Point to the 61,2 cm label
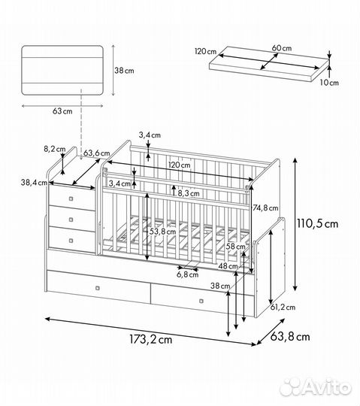coord(283,307)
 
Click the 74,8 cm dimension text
coord(266,208)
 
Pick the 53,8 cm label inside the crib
coord(162,232)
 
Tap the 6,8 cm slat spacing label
coord(188,274)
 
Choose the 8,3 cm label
coord(189,192)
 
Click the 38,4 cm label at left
coord(34,182)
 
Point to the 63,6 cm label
coord(92,153)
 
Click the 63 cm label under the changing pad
coord(62,111)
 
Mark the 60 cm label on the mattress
coord(282,48)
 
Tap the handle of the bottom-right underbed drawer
coord(201,301)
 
